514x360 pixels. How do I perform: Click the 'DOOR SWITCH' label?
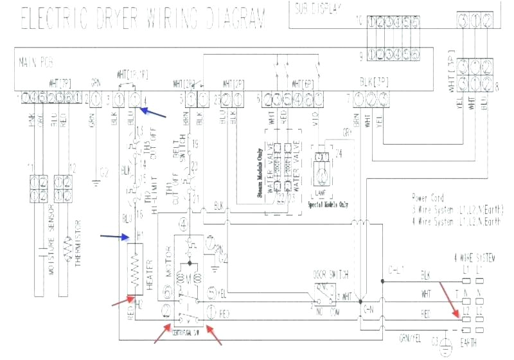[326, 273]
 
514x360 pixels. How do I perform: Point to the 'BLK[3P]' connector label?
[373, 82]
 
